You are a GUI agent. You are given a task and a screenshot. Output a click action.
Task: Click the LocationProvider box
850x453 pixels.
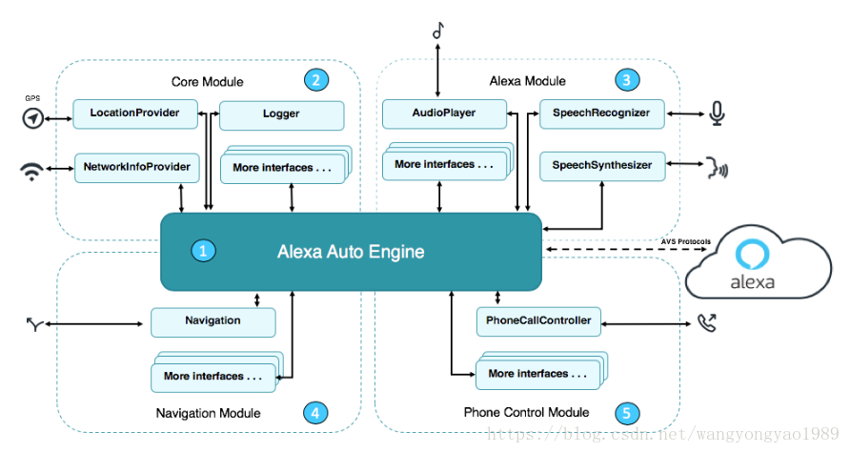pyautogui.click(x=135, y=113)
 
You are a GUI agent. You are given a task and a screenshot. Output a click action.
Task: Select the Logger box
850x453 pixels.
pyautogui.click(x=281, y=115)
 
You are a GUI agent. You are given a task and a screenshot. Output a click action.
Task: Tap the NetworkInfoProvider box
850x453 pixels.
pyautogui.click(x=136, y=168)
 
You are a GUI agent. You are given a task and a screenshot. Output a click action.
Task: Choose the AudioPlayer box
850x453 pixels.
pyautogui.click(x=444, y=113)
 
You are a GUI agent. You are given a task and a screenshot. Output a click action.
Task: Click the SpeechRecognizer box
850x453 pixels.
pyautogui.click(x=601, y=113)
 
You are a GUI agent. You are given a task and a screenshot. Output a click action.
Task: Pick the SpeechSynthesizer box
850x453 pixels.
pyautogui.click(x=602, y=166)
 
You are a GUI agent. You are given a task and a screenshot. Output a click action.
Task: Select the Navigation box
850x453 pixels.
pyautogui.click(x=213, y=322)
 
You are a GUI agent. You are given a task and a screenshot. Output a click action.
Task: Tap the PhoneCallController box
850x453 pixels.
pyautogui.click(x=538, y=321)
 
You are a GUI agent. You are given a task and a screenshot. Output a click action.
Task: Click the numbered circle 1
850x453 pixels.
pyautogui.click(x=203, y=251)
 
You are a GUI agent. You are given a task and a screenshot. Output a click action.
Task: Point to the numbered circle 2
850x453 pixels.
pyautogui.click(x=316, y=80)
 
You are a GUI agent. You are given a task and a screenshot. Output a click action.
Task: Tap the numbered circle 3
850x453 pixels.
pyautogui.click(x=627, y=80)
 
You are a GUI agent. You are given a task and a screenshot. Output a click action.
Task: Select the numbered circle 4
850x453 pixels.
pyautogui.click(x=315, y=413)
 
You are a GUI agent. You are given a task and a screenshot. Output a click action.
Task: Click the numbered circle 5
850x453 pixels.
pyautogui.click(x=627, y=413)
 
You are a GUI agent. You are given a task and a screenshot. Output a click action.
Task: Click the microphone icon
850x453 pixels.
pyautogui.click(x=718, y=113)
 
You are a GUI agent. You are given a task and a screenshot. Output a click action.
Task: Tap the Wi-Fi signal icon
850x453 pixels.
pyautogui.click(x=32, y=171)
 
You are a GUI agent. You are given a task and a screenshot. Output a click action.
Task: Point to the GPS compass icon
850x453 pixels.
pyautogui.click(x=33, y=117)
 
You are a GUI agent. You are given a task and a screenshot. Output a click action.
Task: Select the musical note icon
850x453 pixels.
pyautogui.click(x=438, y=31)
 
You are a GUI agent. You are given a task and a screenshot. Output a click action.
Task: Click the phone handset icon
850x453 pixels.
pyautogui.click(x=707, y=322)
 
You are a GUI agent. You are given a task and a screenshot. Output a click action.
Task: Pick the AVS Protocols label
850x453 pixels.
pyautogui.click(x=686, y=241)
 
